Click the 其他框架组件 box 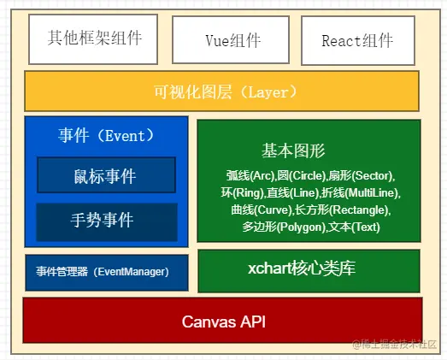coord(93,39)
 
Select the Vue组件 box coord(231,40)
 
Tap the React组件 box coord(358,40)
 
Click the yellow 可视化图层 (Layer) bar coord(221,91)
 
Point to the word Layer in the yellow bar coord(268,92)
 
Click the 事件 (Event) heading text coord(106,135)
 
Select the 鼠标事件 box coord(106,174)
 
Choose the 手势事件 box coord(107,222)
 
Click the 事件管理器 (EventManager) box coord(107,273)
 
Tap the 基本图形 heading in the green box coord(293,150)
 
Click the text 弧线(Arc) coord(250,175)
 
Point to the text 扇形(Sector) coord(361,175)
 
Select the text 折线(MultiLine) coord(360,193)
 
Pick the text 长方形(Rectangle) coord(342,210)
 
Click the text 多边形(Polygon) coord(284,227)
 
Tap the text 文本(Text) coord(354,227)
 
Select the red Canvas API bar coord(222,321)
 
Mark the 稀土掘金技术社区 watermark coord(395,345)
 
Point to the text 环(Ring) coord(243,193)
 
